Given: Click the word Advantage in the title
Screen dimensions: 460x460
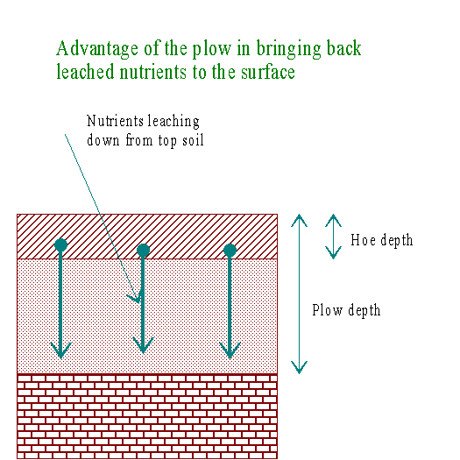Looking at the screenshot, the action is [97, 49].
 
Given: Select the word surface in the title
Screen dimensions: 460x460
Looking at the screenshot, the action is [268, 72].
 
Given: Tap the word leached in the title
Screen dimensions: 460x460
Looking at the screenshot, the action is [85, 72].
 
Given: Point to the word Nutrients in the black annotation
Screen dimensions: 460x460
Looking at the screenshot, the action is [116, 121].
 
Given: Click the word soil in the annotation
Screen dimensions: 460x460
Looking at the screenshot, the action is [193, 140].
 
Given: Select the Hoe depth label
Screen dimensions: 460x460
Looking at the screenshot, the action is [382, 240].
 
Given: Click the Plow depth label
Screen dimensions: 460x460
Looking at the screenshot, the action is [346, 310].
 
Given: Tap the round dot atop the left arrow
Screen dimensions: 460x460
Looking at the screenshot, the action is [61, 245].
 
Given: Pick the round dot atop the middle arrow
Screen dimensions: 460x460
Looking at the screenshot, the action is [143, 250].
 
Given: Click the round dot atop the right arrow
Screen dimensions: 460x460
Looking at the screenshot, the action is [230, 250].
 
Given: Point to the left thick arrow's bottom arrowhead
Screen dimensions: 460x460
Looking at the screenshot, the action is [61, 350].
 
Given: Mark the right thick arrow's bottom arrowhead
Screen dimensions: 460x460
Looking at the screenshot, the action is [230, 350].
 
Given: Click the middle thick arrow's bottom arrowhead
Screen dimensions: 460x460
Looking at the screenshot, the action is [143, 345].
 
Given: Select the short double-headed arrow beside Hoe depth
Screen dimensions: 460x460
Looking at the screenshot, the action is [333, 237].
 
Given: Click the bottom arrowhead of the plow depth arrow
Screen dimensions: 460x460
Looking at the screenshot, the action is [300, 368].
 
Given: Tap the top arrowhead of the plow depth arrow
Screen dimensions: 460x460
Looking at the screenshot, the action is [300, 220].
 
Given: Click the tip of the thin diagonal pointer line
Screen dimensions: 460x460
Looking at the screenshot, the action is [139, 303].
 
